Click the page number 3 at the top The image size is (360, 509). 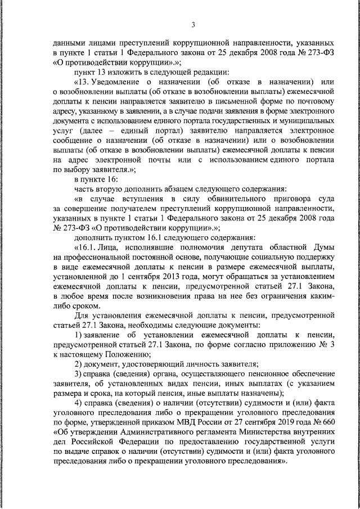[192, 25]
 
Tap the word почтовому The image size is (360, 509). [315, 101]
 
